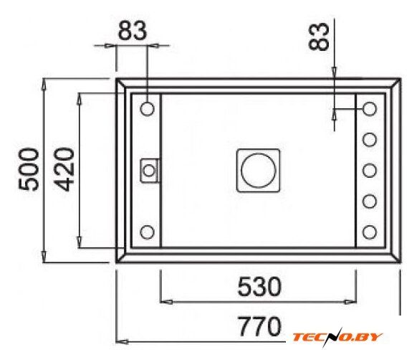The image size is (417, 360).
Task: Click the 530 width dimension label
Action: coord(259,287)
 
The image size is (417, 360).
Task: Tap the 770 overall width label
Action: coord(259,327)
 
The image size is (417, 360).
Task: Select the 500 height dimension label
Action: coord(28,169)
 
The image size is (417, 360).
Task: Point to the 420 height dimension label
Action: coord(64,169)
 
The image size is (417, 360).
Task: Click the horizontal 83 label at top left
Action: coord(132,31)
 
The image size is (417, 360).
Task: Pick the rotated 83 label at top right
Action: coord(319,36)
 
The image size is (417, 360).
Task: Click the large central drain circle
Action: coord(258,171)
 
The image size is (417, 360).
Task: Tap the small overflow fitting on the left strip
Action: coord(149,171)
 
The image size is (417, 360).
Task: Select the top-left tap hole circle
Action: coord(147,109)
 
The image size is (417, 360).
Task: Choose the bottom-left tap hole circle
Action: coord(147,232)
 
